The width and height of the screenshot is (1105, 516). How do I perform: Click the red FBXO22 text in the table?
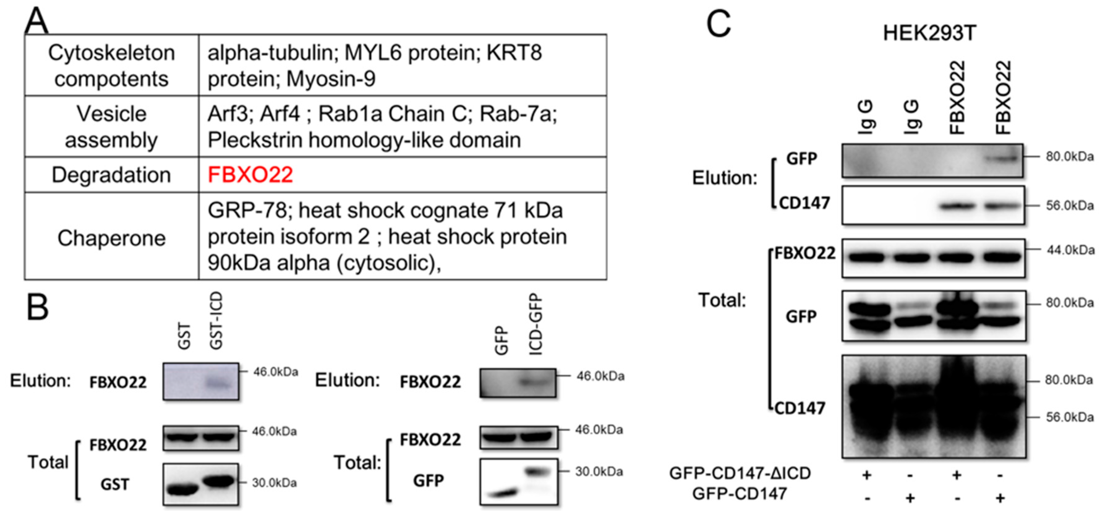tap(250, 175)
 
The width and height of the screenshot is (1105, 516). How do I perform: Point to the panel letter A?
tap(36, 21)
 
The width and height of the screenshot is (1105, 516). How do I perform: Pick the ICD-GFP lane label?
tap(536, 324)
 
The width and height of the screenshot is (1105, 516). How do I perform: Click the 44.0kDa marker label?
tap(1070, 250)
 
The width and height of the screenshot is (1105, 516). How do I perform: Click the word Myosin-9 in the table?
tap(331, 79)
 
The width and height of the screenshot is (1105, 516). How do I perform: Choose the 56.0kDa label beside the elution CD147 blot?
tap(1069, 206)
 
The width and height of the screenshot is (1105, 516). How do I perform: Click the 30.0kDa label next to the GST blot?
tap(274, 483)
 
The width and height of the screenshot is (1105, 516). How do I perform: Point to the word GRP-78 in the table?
tap(247, 211)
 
